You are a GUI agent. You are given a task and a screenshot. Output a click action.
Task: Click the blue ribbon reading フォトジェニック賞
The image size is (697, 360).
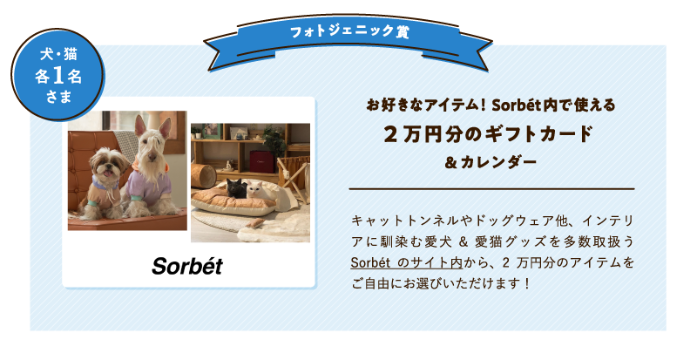click(348, 41)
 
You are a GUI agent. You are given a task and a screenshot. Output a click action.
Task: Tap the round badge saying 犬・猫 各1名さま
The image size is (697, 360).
click(58, 75)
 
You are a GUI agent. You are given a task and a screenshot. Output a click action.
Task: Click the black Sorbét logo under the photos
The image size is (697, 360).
click(187, 266)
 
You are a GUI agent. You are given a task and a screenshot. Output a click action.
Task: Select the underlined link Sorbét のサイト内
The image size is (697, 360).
click(406, 262)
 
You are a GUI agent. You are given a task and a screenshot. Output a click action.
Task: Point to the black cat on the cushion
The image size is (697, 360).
click(236, 187)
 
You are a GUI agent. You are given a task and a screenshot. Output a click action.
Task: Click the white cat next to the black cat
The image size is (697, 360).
click(257, 190)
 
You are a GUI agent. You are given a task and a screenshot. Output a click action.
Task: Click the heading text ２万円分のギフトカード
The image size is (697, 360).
click(489, 134)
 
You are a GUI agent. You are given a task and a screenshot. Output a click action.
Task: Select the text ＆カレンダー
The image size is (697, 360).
click(491, 162)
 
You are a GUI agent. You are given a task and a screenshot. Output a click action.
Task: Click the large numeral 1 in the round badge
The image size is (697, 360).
click(58, 76)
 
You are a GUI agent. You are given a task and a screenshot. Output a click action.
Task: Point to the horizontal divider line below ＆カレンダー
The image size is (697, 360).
click(491, 189)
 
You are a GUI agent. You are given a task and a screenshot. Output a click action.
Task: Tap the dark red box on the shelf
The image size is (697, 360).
click(262, 161)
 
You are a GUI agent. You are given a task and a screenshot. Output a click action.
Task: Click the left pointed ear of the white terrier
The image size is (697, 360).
click(140, 126)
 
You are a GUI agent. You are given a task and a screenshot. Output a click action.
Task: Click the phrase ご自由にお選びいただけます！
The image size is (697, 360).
click(441, 283)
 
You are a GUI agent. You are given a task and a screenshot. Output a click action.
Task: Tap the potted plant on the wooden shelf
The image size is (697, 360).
click(274, 142)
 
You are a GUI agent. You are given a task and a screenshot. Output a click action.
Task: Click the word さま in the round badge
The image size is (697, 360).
click(58, 98)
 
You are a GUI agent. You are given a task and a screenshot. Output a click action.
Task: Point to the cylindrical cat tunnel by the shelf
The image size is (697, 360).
click(204, 175)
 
